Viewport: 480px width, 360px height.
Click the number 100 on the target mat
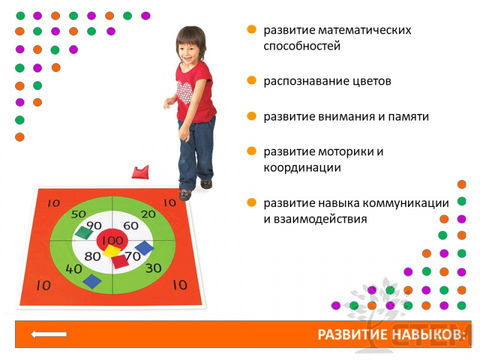coord(112,241)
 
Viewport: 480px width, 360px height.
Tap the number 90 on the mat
coord(94,226)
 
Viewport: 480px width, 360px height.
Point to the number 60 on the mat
coord(131,226)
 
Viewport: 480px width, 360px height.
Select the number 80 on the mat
coord(92,256)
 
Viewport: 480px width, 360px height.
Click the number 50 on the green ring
coord(79,214)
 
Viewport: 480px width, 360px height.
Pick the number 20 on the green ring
coord(148,214)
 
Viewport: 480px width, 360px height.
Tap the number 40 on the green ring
coord(74,269)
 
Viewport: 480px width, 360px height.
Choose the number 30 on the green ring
coord(154,268)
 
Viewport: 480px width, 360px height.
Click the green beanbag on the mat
coord(83,232)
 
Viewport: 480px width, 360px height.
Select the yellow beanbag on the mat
coord(111,251)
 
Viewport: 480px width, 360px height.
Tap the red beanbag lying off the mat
coord(140,172)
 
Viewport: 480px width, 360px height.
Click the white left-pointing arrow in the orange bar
coord(49,334)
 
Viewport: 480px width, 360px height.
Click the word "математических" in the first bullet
coord(365,31)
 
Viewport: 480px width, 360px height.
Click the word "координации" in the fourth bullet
coord(302,168)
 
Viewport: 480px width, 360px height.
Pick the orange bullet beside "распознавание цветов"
coord(251,80)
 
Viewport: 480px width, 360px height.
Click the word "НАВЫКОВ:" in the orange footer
coord(428,335)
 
